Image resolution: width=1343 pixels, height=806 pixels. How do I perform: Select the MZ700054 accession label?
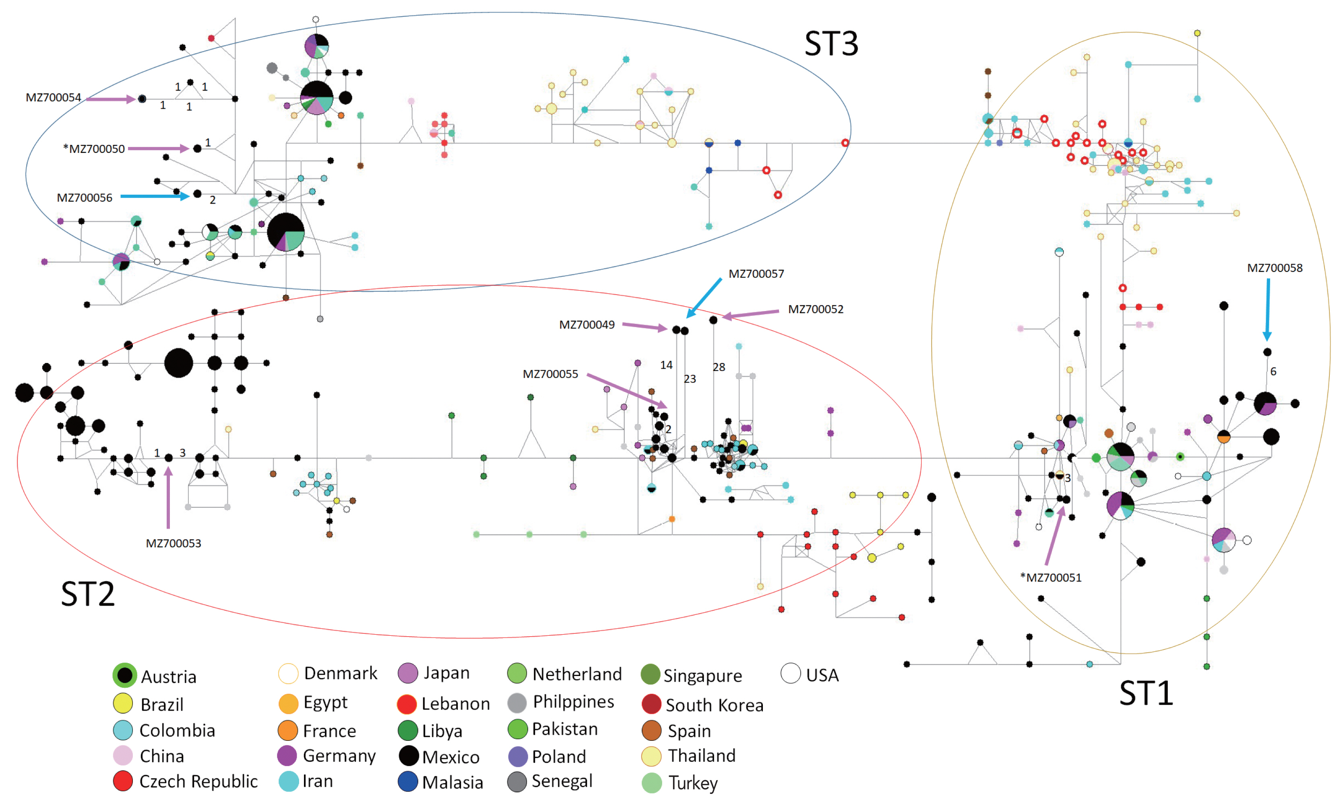(x=53, y=98)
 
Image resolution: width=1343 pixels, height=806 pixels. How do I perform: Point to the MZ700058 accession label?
(x=1274, y=268)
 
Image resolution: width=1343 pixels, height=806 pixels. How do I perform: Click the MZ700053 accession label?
(x=173, y=543)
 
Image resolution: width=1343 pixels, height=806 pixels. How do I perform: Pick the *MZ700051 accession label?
(x=1051, y=577)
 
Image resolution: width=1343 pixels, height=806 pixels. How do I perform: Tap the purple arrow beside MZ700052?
(x=751, y=314)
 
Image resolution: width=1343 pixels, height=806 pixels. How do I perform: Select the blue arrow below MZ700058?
(x=1267, y=309)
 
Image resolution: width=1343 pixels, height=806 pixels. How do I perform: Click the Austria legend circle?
(x=124, y=675)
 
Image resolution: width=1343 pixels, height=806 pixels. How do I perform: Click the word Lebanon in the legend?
(x=455, y=703)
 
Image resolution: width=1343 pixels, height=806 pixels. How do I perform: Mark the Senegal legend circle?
(x=517, y=781)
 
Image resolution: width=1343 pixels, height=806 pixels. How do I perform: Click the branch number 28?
(x=719, y=367)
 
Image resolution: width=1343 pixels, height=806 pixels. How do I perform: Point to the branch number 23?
(x=690, y=379)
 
